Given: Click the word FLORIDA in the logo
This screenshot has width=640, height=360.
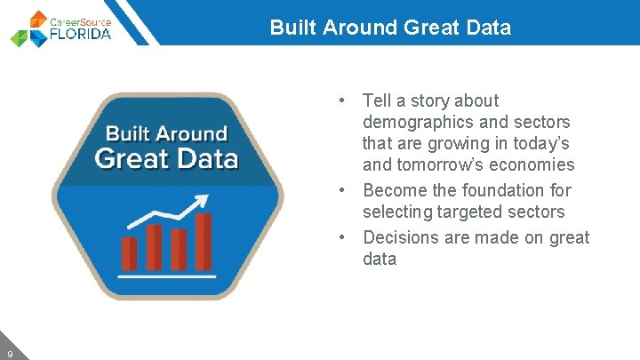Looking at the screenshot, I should pos(84,34).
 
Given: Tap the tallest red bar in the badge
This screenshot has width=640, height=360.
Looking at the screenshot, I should pos(204,242).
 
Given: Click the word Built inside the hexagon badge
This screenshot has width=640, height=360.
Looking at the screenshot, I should pos(128,134).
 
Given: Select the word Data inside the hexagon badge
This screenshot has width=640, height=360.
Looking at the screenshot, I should pos(205,158).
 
